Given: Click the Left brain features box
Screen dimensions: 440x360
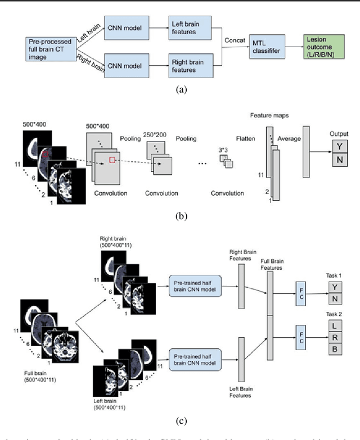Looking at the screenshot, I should click(x=186, y=26).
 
